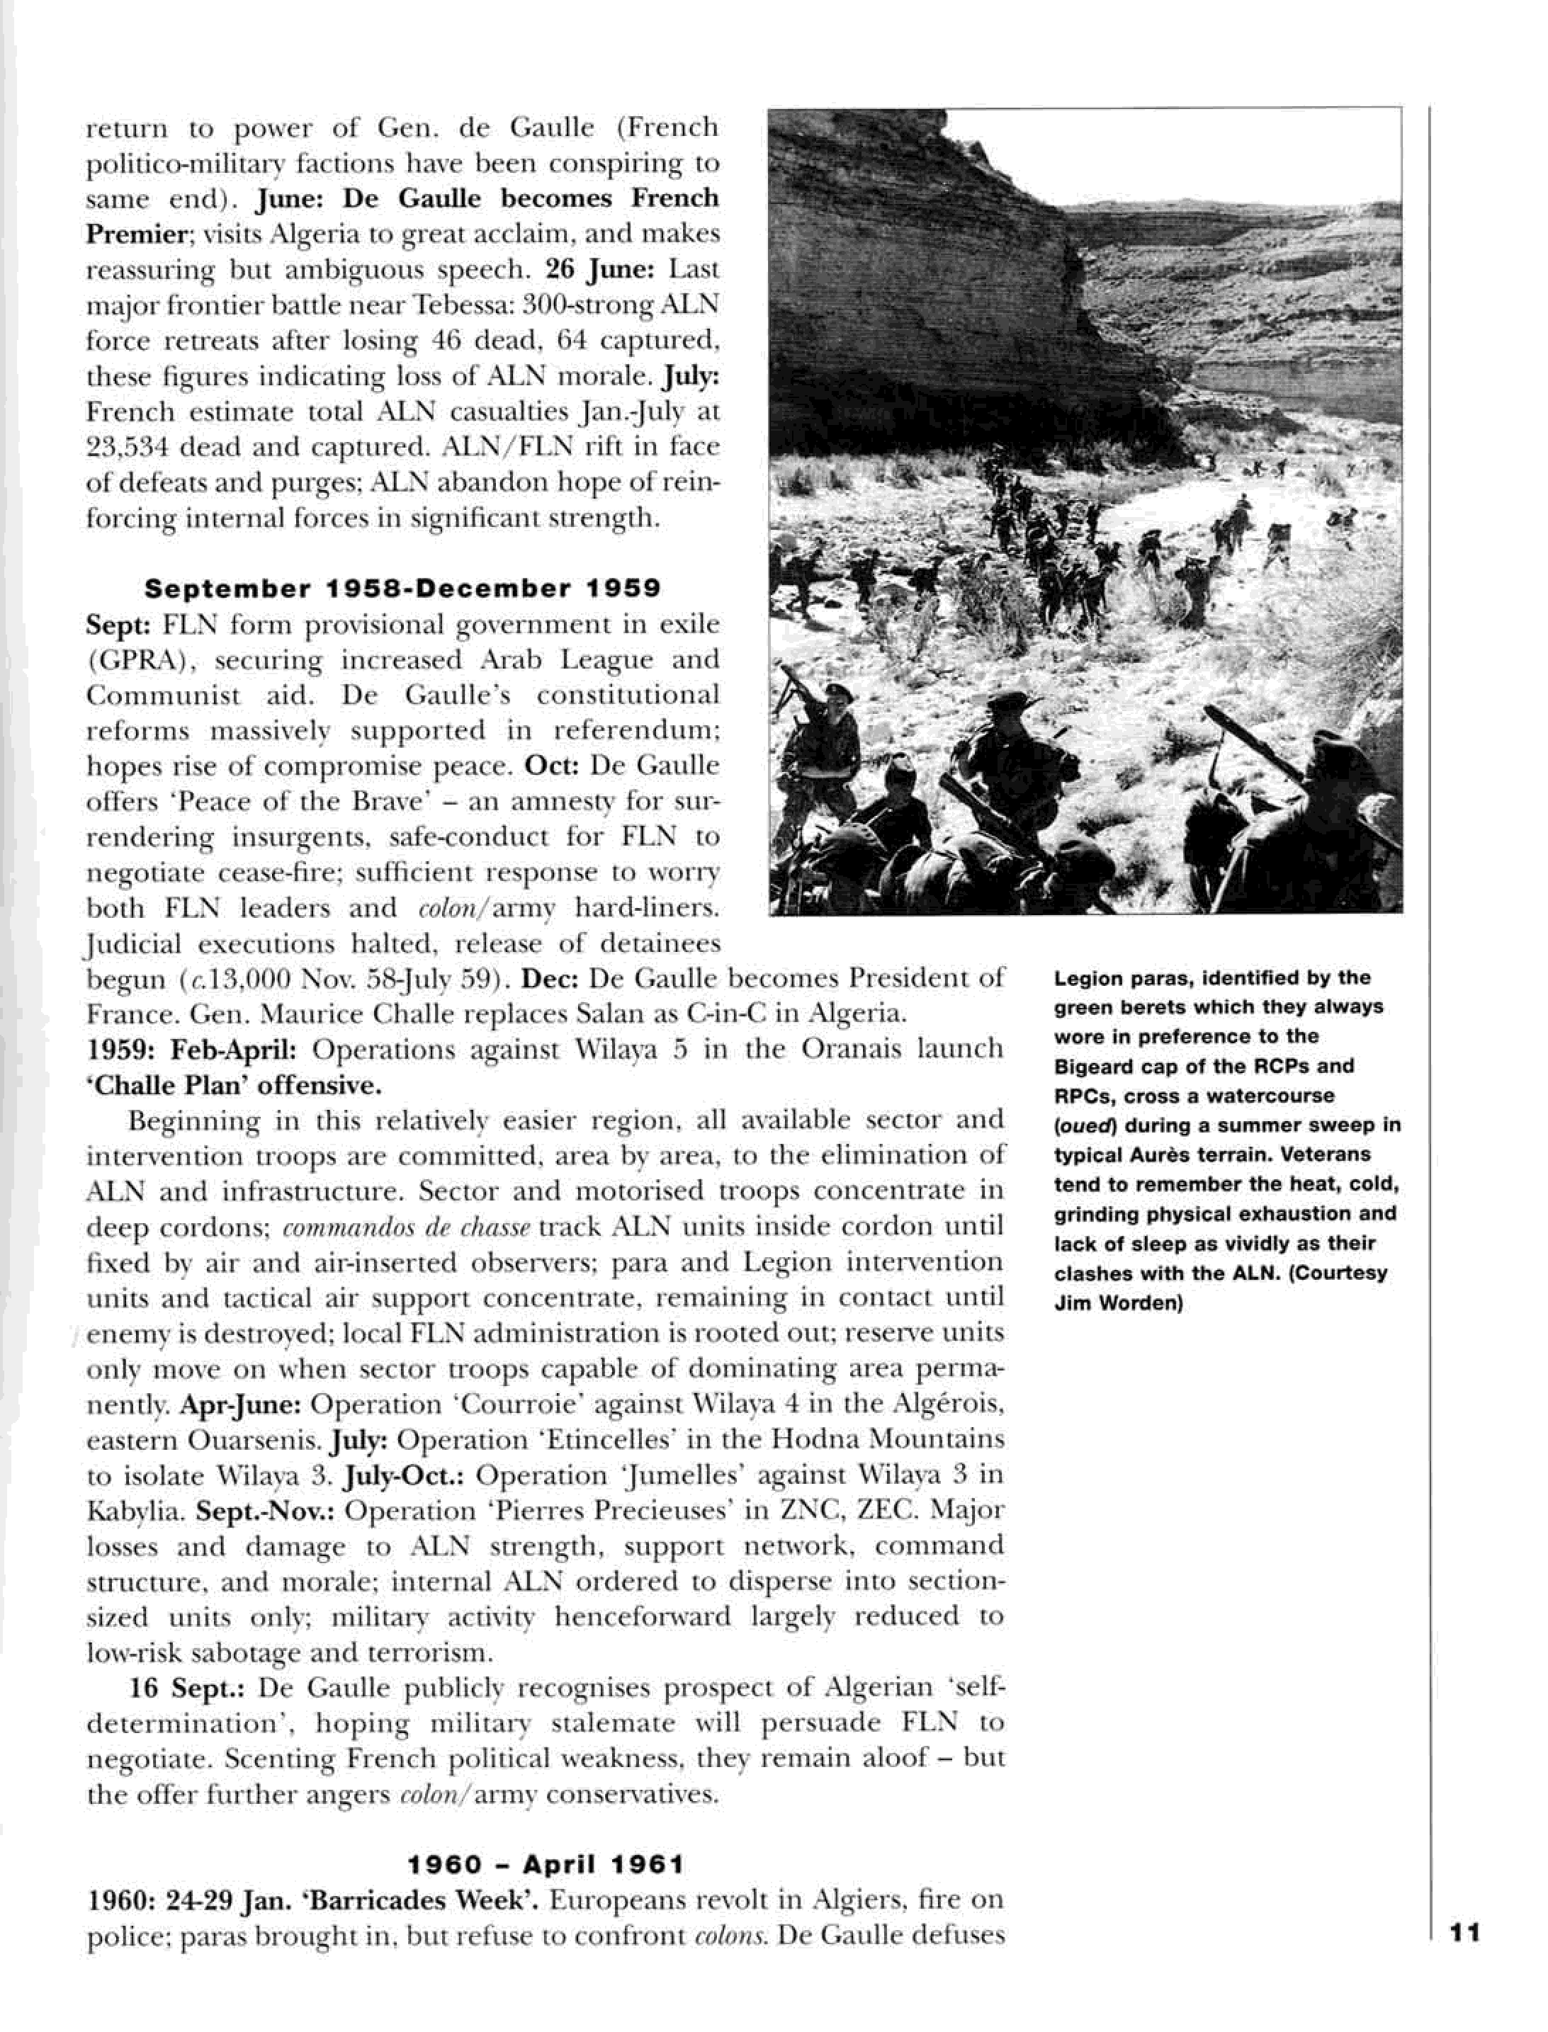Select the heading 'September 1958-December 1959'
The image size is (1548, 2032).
(402, 588)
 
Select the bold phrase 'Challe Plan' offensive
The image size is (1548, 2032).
(233, 1085)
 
